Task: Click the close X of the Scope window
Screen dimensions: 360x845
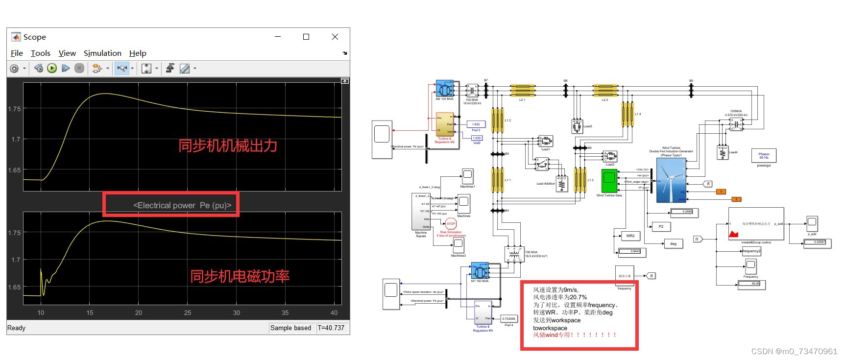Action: coord(335,37)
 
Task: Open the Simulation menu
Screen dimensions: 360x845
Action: coord(102,53)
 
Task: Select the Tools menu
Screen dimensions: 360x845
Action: coord(40,53)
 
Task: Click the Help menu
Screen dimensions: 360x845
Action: coord(138,53)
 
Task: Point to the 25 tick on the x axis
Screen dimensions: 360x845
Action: coord(188,312)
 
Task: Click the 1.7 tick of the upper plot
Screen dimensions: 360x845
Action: coord(16,139)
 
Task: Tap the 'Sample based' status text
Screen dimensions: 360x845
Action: coord(290,328)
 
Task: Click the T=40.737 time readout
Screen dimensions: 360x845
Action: coord(331,328)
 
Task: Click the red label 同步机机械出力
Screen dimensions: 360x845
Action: coord(228,145)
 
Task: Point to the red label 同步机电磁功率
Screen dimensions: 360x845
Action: coord(240,276)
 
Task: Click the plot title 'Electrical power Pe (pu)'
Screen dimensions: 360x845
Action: coord(182,205)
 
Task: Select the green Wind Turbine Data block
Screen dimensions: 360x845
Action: coord(609,181)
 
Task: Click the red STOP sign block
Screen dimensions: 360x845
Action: coord(451,224)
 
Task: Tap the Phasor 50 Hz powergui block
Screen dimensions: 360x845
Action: coord(764,156)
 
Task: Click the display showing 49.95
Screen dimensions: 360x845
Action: coord(752,284)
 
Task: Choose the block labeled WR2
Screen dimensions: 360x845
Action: coord(630,236)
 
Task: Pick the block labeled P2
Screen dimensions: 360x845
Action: coord(661,226)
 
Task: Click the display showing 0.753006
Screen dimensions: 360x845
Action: coord(508,319)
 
